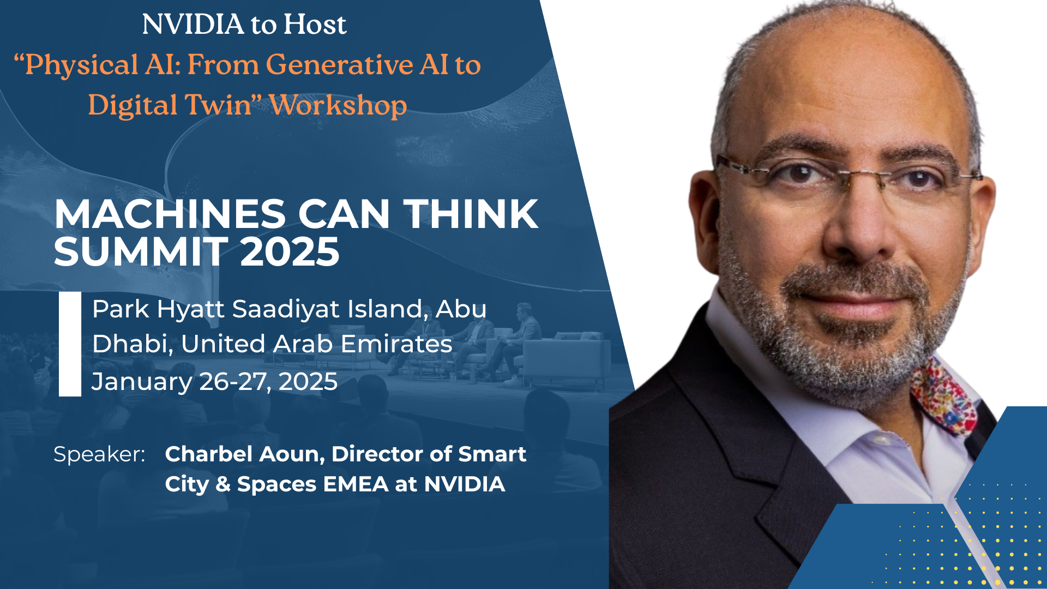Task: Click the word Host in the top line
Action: [x=315, y=25]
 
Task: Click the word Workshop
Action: [x=338, y=106]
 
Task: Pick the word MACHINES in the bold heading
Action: [x=170, y=214]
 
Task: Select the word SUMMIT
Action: [x=141, y=252]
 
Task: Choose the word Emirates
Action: [x=396, y=344]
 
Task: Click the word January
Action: [x=142, y=382]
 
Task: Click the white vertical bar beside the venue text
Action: [x=70, y=344]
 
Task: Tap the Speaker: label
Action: [x=99, y=454]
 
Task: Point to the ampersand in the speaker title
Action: [x=223, y=484]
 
